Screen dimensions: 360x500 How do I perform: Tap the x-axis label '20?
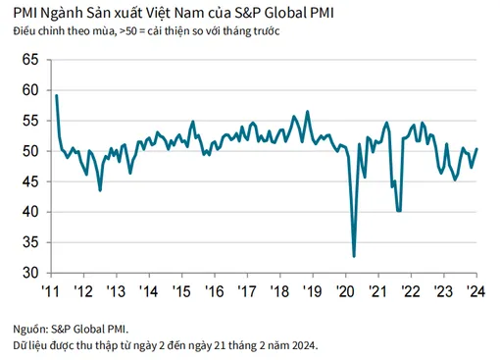[346, 290]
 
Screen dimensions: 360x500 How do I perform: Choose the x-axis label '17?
[247, 290]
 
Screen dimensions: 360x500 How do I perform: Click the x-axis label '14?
[147, 290]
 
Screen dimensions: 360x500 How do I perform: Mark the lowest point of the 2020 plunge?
[354, 256]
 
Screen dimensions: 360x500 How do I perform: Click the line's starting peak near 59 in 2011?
[57, 95]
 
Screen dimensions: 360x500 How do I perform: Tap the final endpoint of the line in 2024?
[476, 149]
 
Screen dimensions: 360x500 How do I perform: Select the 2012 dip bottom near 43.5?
[101, 189]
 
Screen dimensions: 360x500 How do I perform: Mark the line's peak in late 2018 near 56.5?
[308, 111]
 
